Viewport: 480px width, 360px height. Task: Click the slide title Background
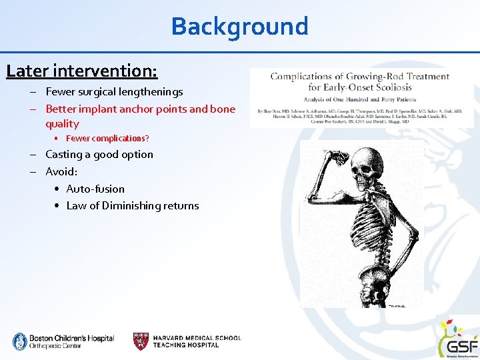[x=239, y=27]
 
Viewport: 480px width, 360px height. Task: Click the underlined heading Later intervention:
[x=82, y=69]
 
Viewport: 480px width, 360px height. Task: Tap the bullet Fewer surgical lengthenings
[x=114, y=92]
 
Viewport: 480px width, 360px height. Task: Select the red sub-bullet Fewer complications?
[x=107, y=139]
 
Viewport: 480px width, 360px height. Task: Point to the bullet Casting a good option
[x=99, y=155]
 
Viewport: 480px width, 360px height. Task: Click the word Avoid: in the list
[x=61, y=171]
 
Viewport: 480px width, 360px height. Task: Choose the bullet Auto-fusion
[x=95, y=189]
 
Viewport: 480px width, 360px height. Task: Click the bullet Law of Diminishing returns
[x=133, y=206]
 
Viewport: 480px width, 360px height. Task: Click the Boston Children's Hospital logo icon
[x=19, y=341]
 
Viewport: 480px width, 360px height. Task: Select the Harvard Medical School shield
[x=141, y=341]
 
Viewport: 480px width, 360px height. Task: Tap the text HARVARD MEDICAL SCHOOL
[x=197, y=338]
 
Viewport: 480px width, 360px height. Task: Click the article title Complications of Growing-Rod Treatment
[x=360, y=77]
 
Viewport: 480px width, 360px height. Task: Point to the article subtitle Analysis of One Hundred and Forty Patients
[x=360, y=99]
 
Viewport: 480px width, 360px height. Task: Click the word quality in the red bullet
[x=62, y=124]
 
